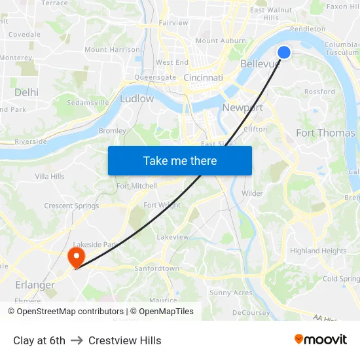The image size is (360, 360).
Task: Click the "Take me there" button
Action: click(x=180, y=160)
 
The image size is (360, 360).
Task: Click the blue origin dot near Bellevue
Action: click(x=284, y=52)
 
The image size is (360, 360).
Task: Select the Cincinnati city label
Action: click(x=203, y=77)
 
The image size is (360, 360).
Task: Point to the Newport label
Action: click(x=242, y=108)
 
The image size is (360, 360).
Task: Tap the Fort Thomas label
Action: click(x=325, y=133)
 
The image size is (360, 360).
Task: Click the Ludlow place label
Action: click(x=137, y=99)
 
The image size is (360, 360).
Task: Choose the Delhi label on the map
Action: click(x=26, y=92)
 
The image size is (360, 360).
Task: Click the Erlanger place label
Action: click(x=35, y=285)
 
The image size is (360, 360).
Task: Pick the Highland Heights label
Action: click(x=318, y=251)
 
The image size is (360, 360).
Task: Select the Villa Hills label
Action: click(x=50, y=176)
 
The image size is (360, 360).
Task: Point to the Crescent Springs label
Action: click(x=72, y=206)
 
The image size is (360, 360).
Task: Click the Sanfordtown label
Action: click(x=156, y=268)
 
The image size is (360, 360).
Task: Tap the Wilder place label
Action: click(x=252, y=193)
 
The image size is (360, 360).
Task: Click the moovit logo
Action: click(x=321, y=339)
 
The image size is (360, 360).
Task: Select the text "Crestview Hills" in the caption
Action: click(x=124, y=340)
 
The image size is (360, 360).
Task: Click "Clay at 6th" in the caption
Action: click(x=39, y=340)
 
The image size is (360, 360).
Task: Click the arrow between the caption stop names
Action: click(x=77, y=340)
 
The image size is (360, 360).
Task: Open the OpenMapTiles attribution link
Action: click(x=162, y=312)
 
